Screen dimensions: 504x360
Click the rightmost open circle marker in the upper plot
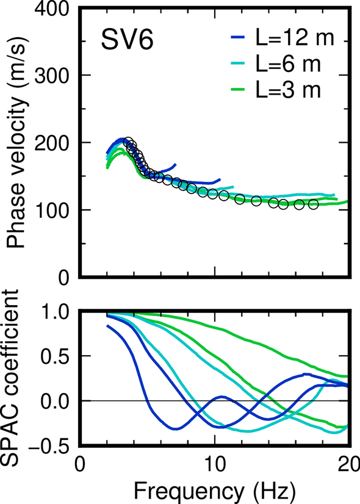pos(314,204)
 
